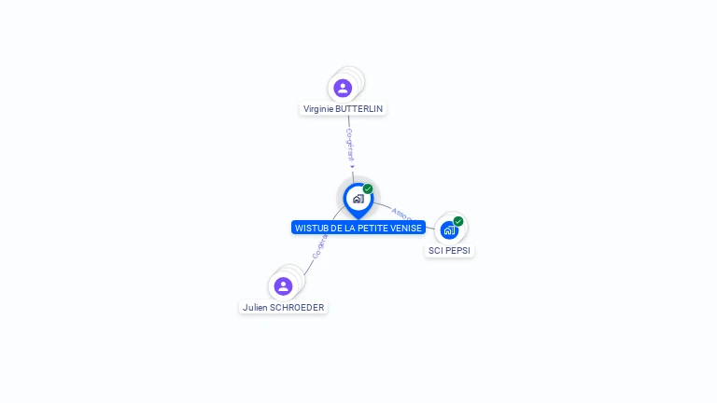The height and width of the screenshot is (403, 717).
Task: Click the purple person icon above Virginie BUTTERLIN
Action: pyautogui.click(x=343, y=88)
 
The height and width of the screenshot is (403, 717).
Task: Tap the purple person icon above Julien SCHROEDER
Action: pyautogui.click(x=283, y=285)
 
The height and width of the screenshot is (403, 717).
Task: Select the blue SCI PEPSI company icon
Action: pyautogui.click(x=449, y=229)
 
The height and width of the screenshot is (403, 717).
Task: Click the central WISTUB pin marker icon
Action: pyautogui.click(x=358, y=199)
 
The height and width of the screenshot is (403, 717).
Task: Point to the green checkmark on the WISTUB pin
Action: pyautogui.click(x=368, y=189)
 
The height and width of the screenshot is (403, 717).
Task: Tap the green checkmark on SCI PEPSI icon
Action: pyautogui.click(x=458, y=221)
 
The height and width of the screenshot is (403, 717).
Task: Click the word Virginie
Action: pyautogui.click(x=317, y=109)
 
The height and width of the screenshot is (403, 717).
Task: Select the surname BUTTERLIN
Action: pyautogui.click(x=358, y=109)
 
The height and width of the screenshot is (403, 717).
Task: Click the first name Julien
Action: pyautogui.click(x=255, y=307)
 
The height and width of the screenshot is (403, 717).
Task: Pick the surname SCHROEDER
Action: pyautogui.click(x=297, y=307)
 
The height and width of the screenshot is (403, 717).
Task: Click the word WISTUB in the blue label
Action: pyautogui.click(x=310, y=228)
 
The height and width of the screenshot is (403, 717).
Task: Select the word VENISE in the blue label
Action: pyautogui.click(x=406, y=228)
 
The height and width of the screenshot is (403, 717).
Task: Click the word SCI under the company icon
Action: pyautogui.click(x=435, y=250)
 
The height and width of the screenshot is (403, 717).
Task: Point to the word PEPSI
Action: pyautogui.click(x=457, y=250)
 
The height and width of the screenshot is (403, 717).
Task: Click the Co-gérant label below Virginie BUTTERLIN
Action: pyautogui.click(x=349, y=145)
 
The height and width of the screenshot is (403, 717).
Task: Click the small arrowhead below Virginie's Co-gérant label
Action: pyautogui.click(x=352, y=167)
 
